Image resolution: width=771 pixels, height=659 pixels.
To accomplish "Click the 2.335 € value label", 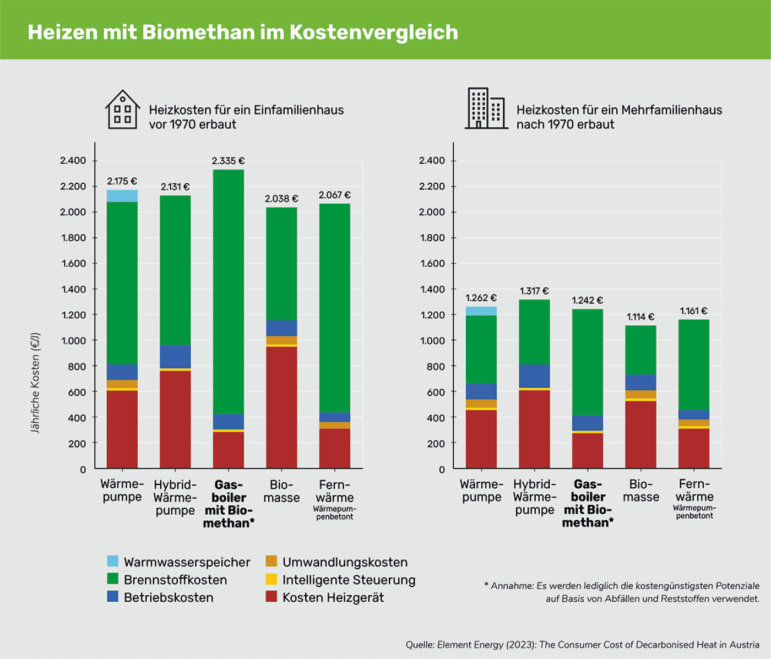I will [x=228, y=161].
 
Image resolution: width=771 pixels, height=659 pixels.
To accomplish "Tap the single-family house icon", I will [x=122, y=110].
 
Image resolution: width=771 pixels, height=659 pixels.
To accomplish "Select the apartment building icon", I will [x=486, y=108].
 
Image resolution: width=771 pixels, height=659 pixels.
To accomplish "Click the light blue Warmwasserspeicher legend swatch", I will [x=113, y=562].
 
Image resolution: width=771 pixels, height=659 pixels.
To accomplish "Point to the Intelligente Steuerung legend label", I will [x=349, y=580].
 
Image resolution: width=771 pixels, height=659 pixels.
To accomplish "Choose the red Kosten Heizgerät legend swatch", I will [x=271, y=597].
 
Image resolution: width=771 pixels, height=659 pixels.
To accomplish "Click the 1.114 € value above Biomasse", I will [x=640, y=317].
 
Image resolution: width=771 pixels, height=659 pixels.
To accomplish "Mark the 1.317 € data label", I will [x=534, y=291].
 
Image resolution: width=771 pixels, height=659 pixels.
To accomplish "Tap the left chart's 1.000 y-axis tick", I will [x=73, y=341].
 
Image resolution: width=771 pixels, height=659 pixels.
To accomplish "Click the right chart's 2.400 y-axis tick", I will [x=432, y=161].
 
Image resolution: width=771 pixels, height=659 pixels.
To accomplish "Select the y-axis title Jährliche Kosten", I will [x=36, y=383].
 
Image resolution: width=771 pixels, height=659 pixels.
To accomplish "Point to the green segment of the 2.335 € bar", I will [x=229, y=292].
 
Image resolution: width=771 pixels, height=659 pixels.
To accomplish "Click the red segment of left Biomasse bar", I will [x=281, y=407].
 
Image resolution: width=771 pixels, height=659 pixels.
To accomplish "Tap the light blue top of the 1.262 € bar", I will [x=481, y=311].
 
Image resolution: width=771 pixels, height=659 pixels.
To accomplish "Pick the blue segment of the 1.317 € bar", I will [x=534, y=376].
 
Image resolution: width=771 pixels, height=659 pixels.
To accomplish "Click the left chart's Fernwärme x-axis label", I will [x=334, y=491].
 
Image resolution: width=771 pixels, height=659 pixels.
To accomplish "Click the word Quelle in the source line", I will [x=420, y=645].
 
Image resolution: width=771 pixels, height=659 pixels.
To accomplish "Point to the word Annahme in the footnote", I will [x=512, y=586].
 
